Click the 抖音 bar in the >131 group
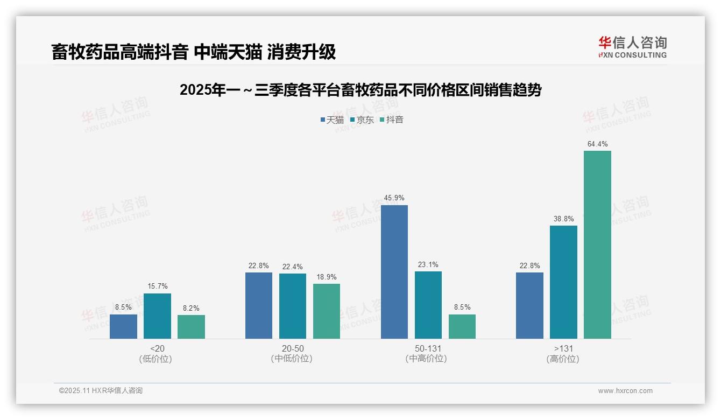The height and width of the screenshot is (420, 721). tap(597, 244)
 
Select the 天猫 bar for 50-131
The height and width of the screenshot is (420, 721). tap(394, 272)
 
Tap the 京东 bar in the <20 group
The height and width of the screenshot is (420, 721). tap(157, 316)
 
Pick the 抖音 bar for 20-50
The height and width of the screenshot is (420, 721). tap(327, 311)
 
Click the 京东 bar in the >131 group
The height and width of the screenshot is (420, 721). tap(563, 282)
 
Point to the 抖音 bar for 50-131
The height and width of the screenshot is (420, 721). tap(462, 326)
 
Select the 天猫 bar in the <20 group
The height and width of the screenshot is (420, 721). tap(123, 326)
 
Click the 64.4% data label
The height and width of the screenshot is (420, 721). tap(597, 144)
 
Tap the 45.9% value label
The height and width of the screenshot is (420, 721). tap(394, 198)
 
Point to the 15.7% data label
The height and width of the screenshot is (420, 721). tap(157, 286)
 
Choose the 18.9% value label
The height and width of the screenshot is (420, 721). tap(327, 277)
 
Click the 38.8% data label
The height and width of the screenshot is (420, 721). tap(563, 219)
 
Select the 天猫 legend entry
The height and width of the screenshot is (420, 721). tap(332, 120)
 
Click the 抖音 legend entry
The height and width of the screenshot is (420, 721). tap(391, 120)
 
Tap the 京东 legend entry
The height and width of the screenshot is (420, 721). tap(362, 120)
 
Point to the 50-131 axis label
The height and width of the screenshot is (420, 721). tap(428, 349)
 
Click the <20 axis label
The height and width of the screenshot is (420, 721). tap(157, 349)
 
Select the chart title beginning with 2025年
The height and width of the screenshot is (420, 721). tap(360, 90)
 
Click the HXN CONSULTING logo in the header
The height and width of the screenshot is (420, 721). tap(632, 47)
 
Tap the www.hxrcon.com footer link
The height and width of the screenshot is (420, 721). tap(625, 391)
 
